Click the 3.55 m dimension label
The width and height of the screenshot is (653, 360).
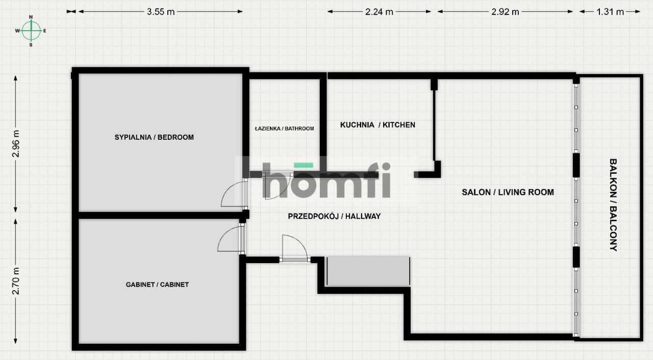(x=161, y=12)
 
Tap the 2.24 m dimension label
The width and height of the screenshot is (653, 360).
(x=379, y=12)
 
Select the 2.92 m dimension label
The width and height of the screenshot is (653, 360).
(x=505, y=12)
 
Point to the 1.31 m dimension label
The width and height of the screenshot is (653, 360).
(x=610, y=12)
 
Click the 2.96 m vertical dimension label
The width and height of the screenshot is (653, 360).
(x=16, y=144)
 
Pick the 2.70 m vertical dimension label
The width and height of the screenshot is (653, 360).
(x=16, y=281)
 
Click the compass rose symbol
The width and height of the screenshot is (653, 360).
(x=31, y=31)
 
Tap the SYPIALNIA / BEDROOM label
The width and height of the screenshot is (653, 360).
(x=154, y=137)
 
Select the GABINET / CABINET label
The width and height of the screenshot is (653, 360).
(x=158, y=285)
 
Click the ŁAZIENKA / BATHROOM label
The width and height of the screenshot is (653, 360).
(x=285, y=128)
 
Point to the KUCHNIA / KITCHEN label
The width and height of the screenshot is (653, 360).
(x=378, y=125)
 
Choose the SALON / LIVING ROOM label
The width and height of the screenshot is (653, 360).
(x=508, y=192)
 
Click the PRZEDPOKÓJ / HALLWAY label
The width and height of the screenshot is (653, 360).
(x=334, y=216)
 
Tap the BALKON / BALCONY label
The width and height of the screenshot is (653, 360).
(x=613, y=205)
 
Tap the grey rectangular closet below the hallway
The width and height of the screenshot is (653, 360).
(x=368, y=271)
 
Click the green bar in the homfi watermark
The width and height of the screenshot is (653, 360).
(x=304, y=165)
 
